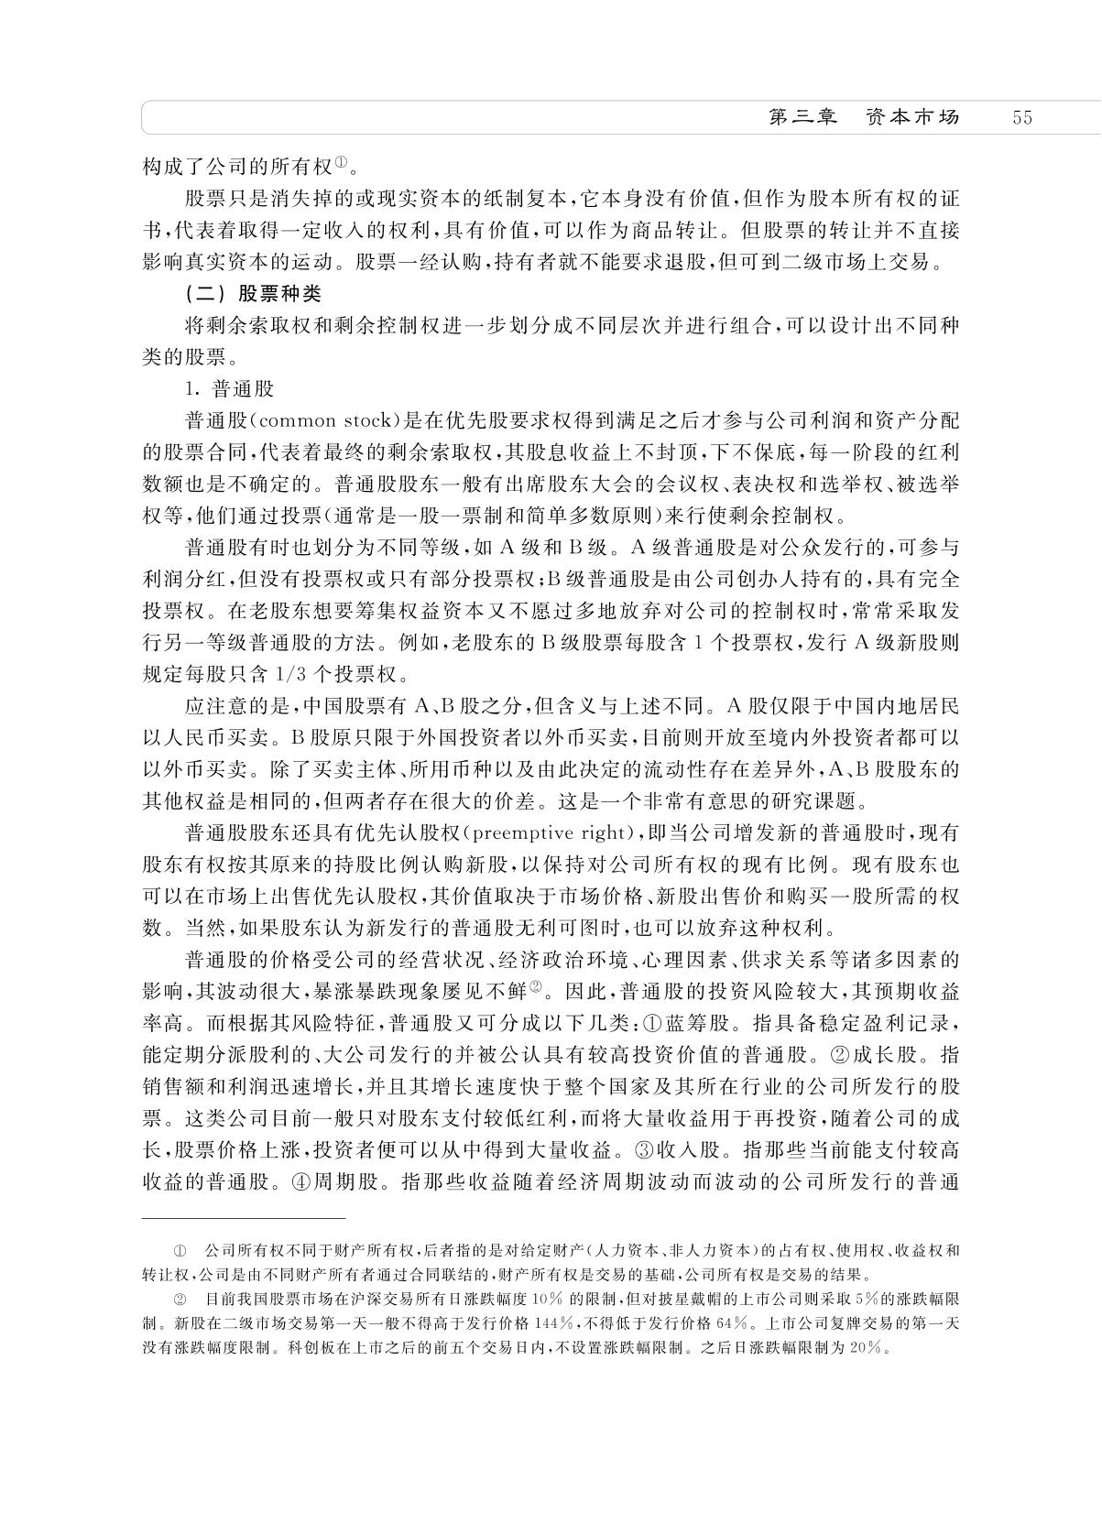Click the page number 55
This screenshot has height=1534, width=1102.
(1022, 118)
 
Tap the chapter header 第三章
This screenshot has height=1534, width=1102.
(802, 118)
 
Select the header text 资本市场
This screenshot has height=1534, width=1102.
(912, 118)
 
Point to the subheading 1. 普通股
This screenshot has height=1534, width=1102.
(229, 389)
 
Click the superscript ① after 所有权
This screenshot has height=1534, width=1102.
(340, 164)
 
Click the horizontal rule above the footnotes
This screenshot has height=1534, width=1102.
(243, 1219)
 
